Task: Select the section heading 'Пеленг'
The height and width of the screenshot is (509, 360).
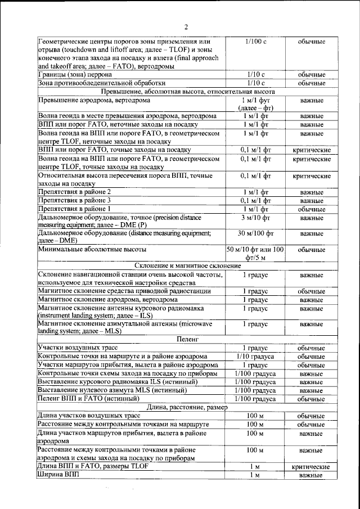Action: point(186,340)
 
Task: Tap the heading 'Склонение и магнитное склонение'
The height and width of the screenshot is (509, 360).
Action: point(186,265)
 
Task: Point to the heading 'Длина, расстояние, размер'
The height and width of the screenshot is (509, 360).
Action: point(186,407)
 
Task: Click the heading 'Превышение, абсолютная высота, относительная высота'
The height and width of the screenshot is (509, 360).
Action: point(186,91)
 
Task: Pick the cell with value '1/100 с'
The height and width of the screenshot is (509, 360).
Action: point(255,42)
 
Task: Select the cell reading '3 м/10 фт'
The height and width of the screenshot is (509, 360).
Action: point(255,217)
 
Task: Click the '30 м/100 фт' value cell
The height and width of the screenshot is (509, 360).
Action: point(255,233)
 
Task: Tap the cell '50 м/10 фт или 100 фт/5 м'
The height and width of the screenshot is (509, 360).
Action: point(255,253)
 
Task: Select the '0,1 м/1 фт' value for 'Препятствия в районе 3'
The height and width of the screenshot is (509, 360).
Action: point(255,201)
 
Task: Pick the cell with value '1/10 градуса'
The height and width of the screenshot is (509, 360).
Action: point(255,357)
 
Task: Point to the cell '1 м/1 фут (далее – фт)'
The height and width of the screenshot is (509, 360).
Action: point(255,103)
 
